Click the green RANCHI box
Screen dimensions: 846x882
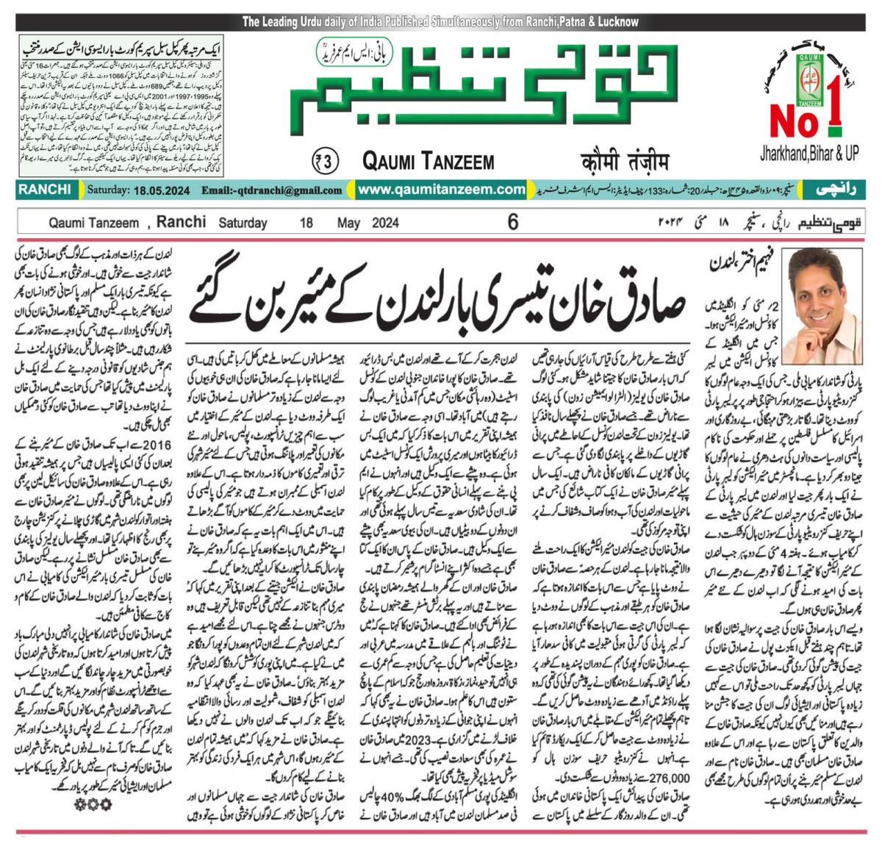[45, 190]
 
